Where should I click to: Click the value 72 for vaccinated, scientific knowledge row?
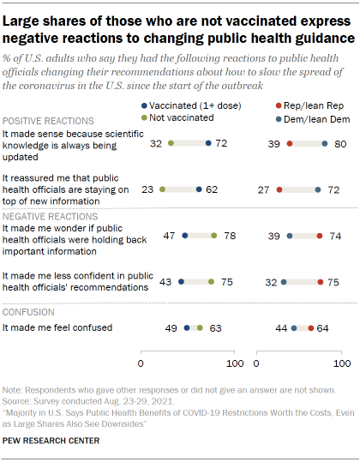(x=221, y=143)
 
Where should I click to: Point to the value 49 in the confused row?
(x=171, y=327)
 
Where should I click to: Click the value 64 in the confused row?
(x=323, y=327)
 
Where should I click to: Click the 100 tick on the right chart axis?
(x=344, y=364)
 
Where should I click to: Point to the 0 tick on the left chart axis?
(x=145, y=364)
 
